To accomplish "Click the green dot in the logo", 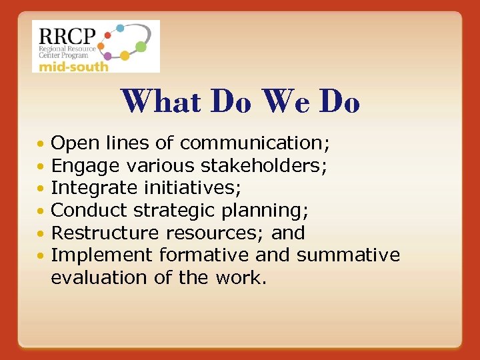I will pyautogui.click(x=141, y=47).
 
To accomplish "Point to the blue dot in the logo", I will pyautogui.click(x=121, y=29).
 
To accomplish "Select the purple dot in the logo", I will pyautogui.click(x=107, y=57).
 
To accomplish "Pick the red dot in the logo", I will pyautogui.click(x=108, y=35).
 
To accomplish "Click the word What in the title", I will pyautogui.click(x=161, y=102).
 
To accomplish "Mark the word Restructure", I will pyautogui.click(x=105, y=233).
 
